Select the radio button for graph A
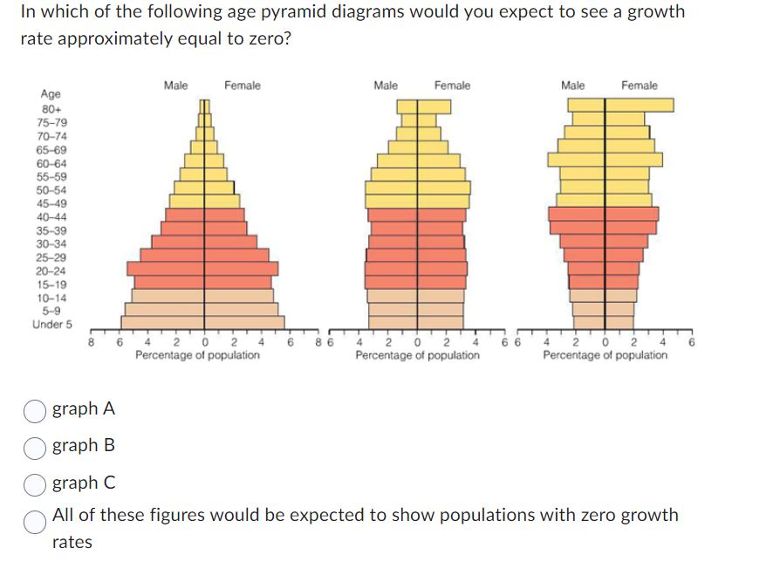point(35,409)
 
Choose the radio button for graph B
point(35,446)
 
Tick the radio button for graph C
point(35,483)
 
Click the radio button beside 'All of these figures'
point(35,522)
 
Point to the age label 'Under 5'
point(52,325)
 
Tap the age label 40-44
point(52,217)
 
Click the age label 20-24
point(52,271)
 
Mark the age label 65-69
point(52,150)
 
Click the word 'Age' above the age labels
point(51,94)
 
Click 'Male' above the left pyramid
point(175,85)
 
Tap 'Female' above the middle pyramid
point(452,85)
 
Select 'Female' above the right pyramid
point(640,85)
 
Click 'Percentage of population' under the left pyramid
point(197,356)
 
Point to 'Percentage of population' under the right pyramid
point(605,356)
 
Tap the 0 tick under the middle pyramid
point(418,343)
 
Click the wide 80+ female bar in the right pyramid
point(639,105)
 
